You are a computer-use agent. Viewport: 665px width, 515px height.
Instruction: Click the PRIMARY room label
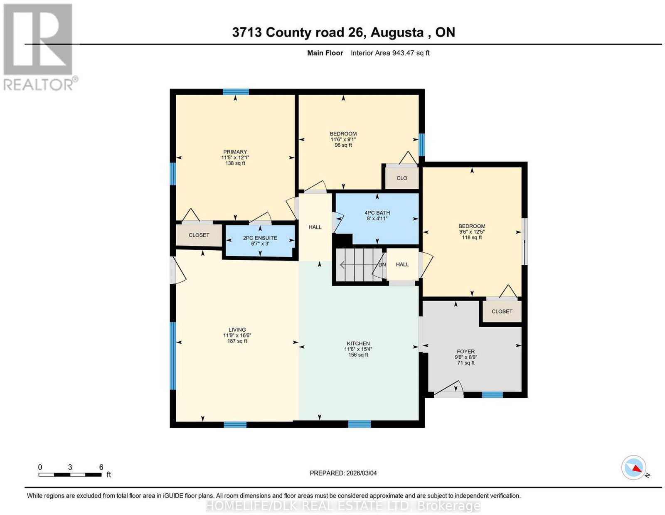pyautogui.click(x=235, y=152)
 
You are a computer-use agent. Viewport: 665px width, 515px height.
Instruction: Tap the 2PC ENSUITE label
pyautogui.click(x=260, y=238)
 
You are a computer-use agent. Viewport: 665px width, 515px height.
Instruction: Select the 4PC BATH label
pyautogui.click(x=377, y=213)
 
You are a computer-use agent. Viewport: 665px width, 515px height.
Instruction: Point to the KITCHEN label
pyautogui.click(x=358, y=343)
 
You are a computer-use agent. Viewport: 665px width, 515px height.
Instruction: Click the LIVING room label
pyautogui.click(x=237, y=330)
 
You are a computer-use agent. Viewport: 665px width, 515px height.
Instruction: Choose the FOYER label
pyautogui.click(x=466, y=352)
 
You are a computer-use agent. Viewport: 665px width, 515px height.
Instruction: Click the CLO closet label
pyautogui.click(x=402, y=178)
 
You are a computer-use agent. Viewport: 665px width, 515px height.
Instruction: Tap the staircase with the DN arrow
pyautogui.click(x=360, y=264)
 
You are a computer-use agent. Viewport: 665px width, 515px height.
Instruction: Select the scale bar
pyautogui.click(x=70, y=475)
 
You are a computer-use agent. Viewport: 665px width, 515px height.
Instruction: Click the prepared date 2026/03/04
pyautogui.click(x=362, y=473)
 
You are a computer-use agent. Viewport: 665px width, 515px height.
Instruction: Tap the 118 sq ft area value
pyautogui.click(x=472, y=237)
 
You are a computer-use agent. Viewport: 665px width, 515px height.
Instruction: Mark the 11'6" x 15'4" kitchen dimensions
pyautogui.click(x=358, y=349)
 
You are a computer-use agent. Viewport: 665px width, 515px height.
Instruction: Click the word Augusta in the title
pyautogui.click(x=397, y=32)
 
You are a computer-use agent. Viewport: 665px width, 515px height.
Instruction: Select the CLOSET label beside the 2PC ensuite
pyautogui.click(x=199, y=235)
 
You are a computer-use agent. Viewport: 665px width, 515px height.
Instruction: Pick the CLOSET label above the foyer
pyautogui.click(x=502, y=311)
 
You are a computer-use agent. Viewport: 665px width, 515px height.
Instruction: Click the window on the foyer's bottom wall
pyautogui.click(x=492, y=394)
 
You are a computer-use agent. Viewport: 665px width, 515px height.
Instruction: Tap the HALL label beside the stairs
pyautogui.click(x=402, y=264)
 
